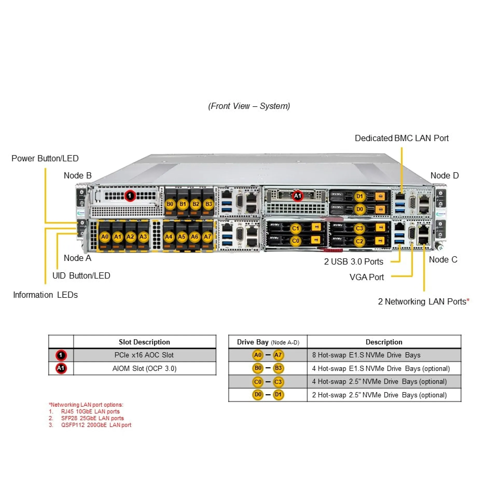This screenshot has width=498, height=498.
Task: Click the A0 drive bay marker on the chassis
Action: pos(105,237)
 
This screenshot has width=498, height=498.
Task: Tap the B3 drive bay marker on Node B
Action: pos(209,204)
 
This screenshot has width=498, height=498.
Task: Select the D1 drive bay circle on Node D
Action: pos(359,196)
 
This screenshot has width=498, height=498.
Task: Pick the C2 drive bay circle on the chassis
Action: pos(359,241)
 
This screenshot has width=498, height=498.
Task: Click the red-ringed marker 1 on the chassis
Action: pos(130,196)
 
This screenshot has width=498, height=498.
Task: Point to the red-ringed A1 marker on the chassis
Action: pos(298,196)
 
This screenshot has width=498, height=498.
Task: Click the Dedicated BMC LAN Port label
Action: pos(402,138)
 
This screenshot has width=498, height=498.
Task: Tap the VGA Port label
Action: pos(366,277)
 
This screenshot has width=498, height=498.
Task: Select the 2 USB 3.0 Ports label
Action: pos(353,261)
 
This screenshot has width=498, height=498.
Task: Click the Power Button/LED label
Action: pos(45,158)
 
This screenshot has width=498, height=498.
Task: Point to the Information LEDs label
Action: pos(45,295)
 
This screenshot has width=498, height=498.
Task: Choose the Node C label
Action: pos(443,259)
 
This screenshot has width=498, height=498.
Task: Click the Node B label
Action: pos(78,176)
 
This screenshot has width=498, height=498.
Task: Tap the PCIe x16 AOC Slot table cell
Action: pos(144,355)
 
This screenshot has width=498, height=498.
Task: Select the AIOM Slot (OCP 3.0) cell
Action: pos(144,369)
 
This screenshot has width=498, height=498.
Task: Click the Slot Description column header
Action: pos(144,342)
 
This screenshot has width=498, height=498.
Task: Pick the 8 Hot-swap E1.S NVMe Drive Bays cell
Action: pos(366,355)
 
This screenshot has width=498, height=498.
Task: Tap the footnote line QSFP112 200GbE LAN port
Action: pos(96,425)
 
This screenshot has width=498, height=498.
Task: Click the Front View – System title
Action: pos(249,106)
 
